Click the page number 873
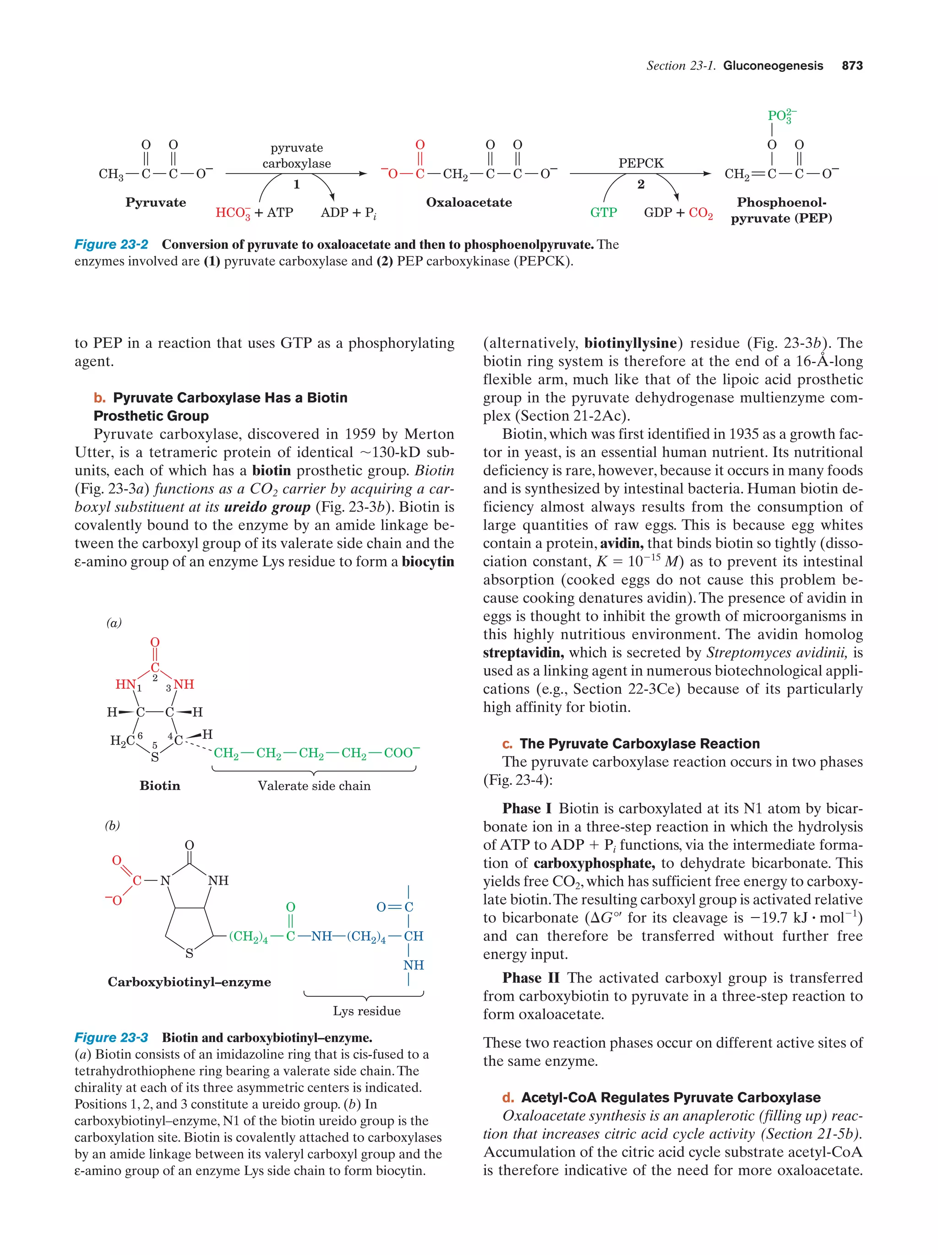coord(852,66)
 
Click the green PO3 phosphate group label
coord(781,116)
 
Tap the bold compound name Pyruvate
coord(155,202)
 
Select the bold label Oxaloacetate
coord(469,202)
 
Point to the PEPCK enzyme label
coord(641,163)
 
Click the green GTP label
coord(603,213)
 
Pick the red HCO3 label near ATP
coord(233,213)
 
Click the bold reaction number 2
coord(641,185)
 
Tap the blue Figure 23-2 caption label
coord(111,244)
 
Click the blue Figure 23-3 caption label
coord(111,1038)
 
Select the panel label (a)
coord(114,623)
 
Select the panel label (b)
coord(112,826)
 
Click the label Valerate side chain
coord(314,786)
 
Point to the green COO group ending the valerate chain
coord(401,753)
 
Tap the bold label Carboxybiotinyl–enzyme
coord(189,982)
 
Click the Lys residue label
coord(366,1011)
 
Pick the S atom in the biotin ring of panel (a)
coord(155,757)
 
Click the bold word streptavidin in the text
coord(523,652)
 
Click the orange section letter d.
coord(508,1098)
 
